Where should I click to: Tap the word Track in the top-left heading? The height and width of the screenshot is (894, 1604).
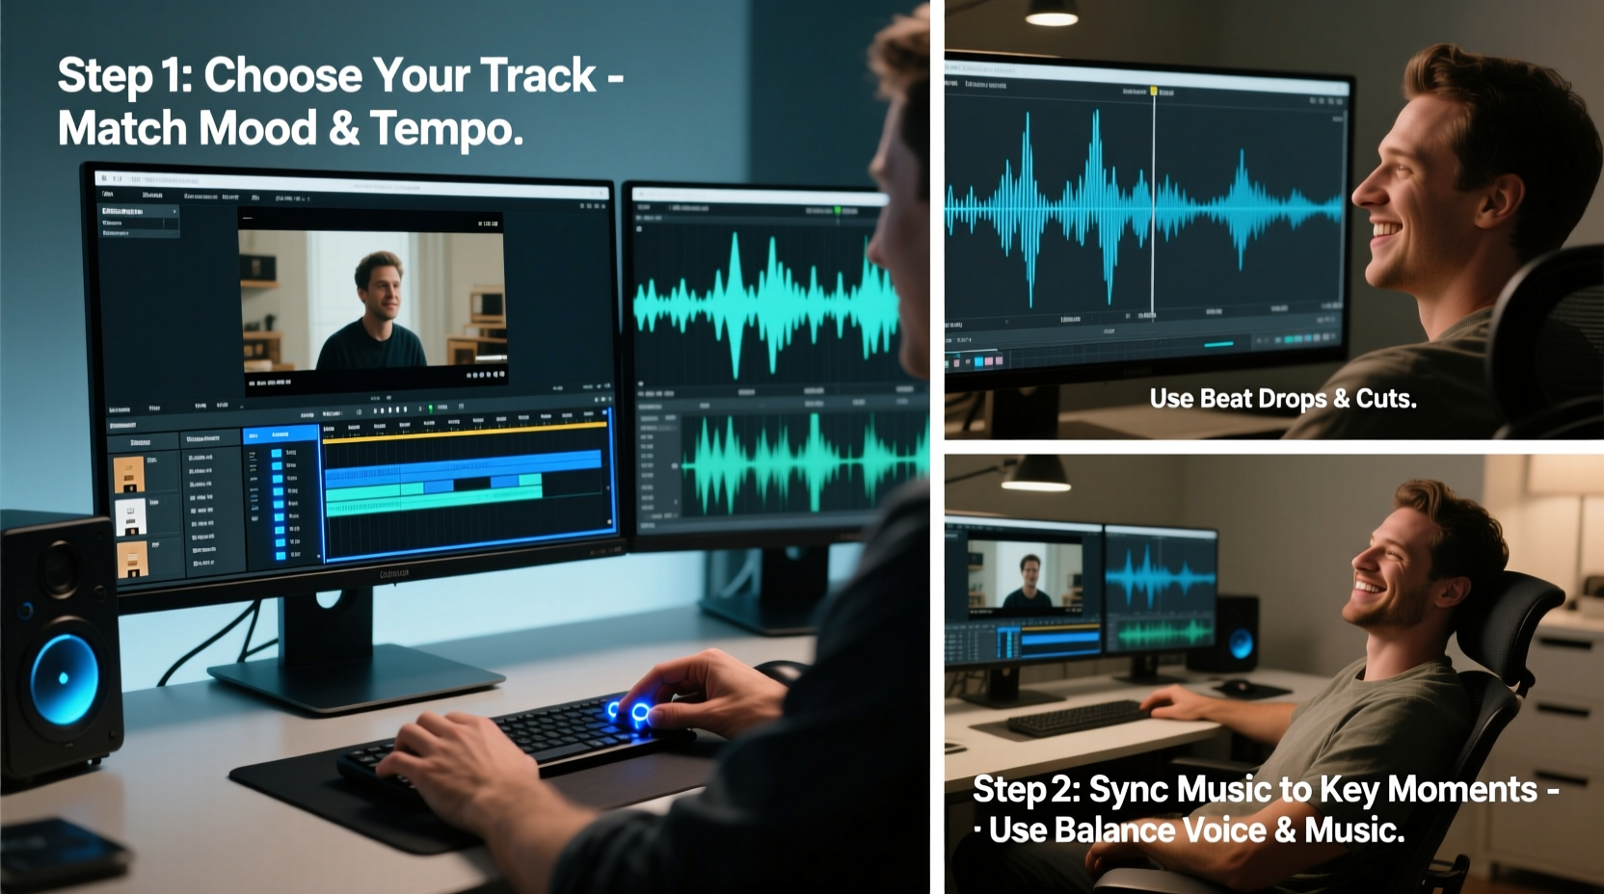click(x=538, y=75)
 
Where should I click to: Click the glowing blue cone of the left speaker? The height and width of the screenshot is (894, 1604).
click(x=64, y=677)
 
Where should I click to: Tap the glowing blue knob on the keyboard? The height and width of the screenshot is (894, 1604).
click(x=639, y=714)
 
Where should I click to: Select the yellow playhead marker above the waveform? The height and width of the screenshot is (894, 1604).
click(x=1153, y=91)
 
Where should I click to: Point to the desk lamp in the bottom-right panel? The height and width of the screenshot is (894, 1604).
click(x=1035, y=471)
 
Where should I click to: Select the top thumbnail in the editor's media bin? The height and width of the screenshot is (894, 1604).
click(x=129, y=474)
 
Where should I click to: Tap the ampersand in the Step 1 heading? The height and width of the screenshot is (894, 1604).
click(x=344, y=128)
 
